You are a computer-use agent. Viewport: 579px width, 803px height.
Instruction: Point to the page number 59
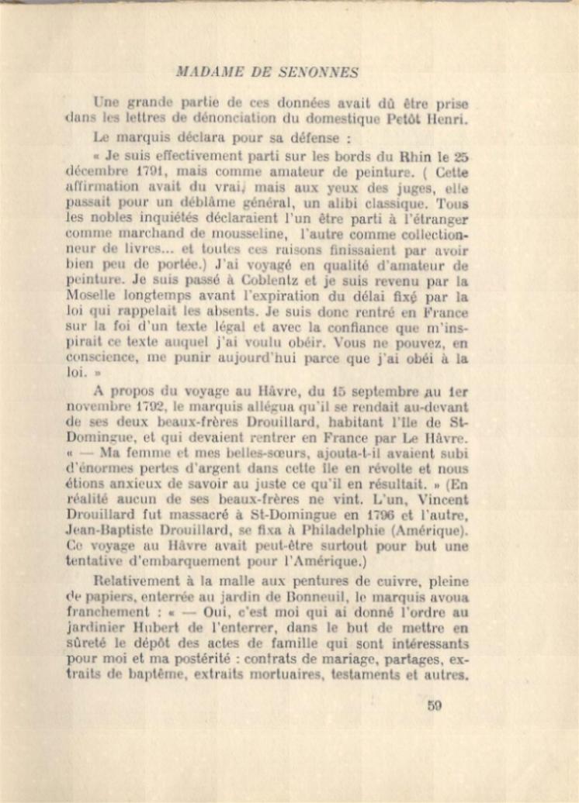(434, 705)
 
